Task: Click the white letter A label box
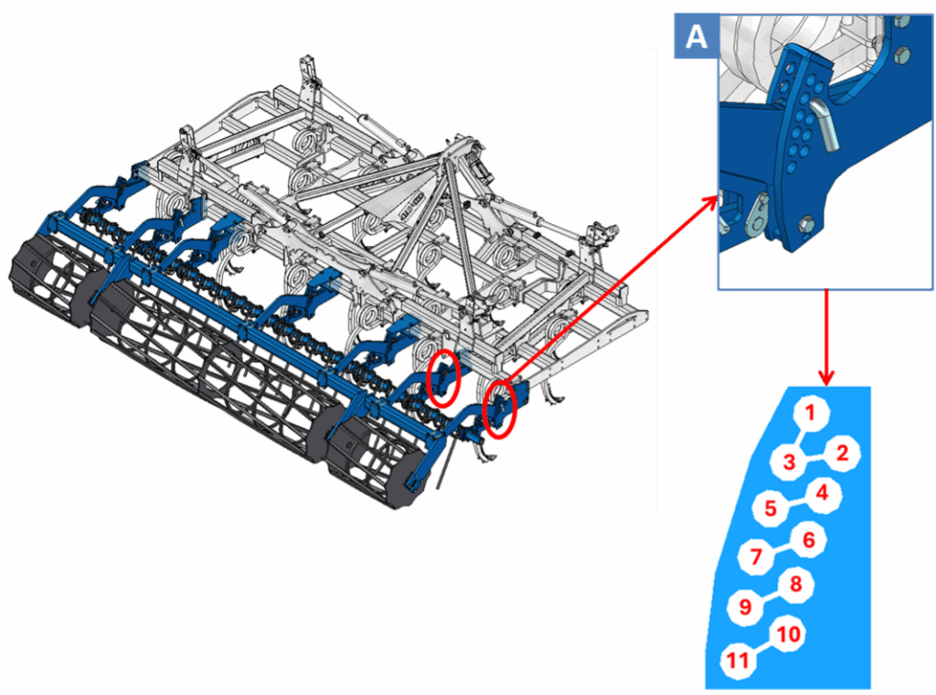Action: pyautogui.click(x=696, y=37)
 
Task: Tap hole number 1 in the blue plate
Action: pyautogui.click(x=810, y=412)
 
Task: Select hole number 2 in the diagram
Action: pyautogui.click(x=842, y=454)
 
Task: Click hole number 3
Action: pyautogui.click(x=789, y=461)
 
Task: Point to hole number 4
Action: pyautogui.click(x=822, y=493)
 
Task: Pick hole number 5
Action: pyautogui.click(x=771, y=508)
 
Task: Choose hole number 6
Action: pyautogui.click(x=808, y=540)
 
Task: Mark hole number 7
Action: pyautogui.click(x=756, y=557)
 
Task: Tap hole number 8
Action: pyautogui.click(x=796, y=584)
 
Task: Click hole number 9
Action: pyautogui.click(x=746, y=607)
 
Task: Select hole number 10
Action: pyautogui.click(x=789, y=634)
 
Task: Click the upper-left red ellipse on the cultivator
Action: pyautogui.click(x=443, y=380)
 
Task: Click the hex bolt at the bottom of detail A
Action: pyautogui.click(x=806, y=226)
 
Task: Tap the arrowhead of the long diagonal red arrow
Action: pyautogui.click(x=710, y=202)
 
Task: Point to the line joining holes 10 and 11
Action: pyautogui.click(x=763, y=647)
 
